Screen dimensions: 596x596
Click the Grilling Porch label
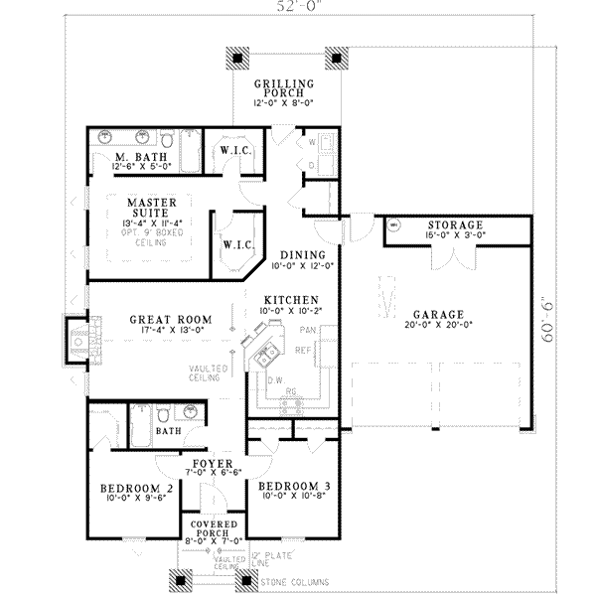(x=284, y=89)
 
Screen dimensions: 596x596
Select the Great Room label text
(x=165, y=320)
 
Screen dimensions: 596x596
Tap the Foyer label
(x=213, y=464)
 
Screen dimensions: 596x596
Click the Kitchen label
(x=290, y=299)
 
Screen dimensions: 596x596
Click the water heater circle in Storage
(x=392, y=225)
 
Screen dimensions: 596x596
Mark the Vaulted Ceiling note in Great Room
(x=210, y=373)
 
